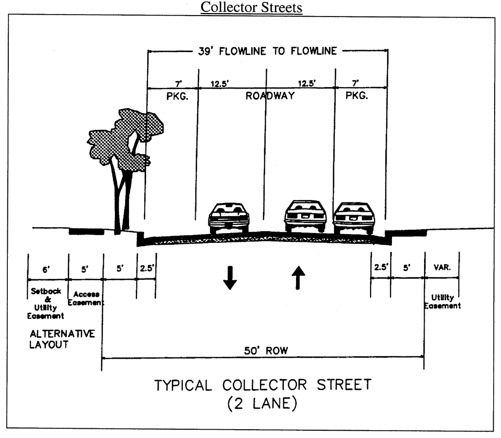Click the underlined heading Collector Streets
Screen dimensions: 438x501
(x=252, y=8)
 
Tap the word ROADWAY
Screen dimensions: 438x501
(x=270, y=96)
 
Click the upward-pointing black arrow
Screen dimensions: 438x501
(x=298, y=278)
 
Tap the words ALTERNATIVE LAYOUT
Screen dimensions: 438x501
(x=62, y=340)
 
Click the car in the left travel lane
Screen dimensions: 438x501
(x=229, y=218)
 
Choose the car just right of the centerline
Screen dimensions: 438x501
(x=305, y=216)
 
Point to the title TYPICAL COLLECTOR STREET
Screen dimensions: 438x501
(x=263, y=385)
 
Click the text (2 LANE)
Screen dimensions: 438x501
(x=263, y=405)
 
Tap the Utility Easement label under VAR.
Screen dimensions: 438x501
(x=442, y=301)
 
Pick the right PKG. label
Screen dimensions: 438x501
(x=357, y=96)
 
